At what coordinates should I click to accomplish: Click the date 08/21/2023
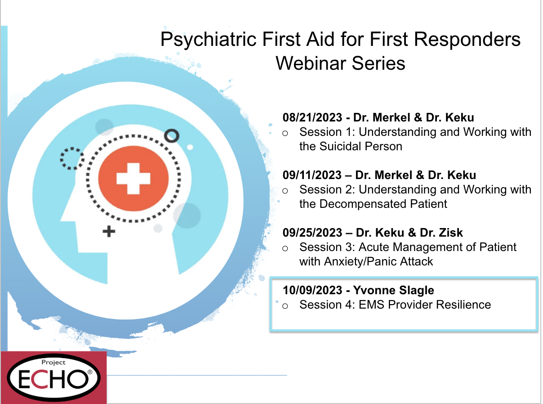point(312,117)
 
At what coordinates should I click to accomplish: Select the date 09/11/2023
point(312,175)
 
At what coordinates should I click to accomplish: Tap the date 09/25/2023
point(312,233)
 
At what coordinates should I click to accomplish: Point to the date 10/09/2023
point(312,290)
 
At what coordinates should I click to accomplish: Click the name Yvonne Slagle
point(393,291)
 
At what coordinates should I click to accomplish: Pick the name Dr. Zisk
point(441,233)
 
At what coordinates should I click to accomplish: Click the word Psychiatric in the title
point(209,40)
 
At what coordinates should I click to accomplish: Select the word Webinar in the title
point(311,63)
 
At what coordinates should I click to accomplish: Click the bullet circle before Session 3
point(285,248)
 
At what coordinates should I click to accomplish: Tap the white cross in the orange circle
point(134,179)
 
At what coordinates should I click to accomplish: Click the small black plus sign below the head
point(109,232)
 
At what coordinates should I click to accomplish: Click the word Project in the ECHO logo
point(53,362)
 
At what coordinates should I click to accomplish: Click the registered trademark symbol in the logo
point(90,372)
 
